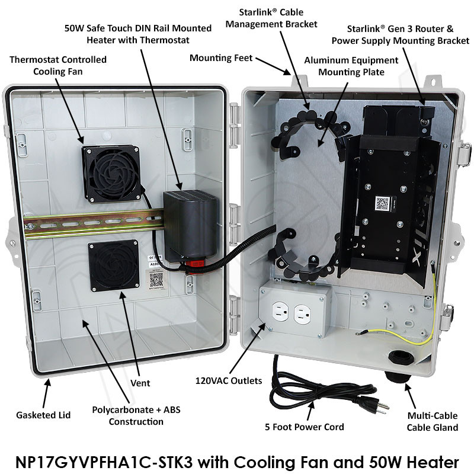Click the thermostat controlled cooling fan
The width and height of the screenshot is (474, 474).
(x=111, y=174)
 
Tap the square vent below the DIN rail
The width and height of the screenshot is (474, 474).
(x=114, y=265)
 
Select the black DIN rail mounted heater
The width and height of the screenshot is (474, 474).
(x=190, y=226)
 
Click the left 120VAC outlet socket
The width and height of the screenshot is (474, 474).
(x=280, y=312)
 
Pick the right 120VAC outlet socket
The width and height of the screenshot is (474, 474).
(x=302, y=315)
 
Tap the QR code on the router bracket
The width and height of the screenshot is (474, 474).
(x=382, y=203)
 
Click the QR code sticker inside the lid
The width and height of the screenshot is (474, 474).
(x=156, y=279)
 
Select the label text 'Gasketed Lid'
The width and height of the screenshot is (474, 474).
(x=43, y=415)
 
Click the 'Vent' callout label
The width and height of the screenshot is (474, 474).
(x=140, y=383)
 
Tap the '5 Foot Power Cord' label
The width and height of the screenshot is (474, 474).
(x=305, y=427)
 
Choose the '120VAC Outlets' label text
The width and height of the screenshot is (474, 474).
(x=229, y=380)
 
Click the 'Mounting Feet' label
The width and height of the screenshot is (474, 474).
(x=221, y=57)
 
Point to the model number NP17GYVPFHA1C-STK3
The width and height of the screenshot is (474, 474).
(x=104, y=462)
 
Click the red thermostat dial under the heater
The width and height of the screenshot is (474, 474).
(x=194, y=264)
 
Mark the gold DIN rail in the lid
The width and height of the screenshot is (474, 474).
(x=94, y=224)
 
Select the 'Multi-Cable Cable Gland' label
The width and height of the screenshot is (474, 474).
(x=433, y=422)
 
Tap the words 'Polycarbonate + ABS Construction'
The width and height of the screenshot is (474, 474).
(x=136, y=416)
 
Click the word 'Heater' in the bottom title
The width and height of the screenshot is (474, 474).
(x=433, y=462)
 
